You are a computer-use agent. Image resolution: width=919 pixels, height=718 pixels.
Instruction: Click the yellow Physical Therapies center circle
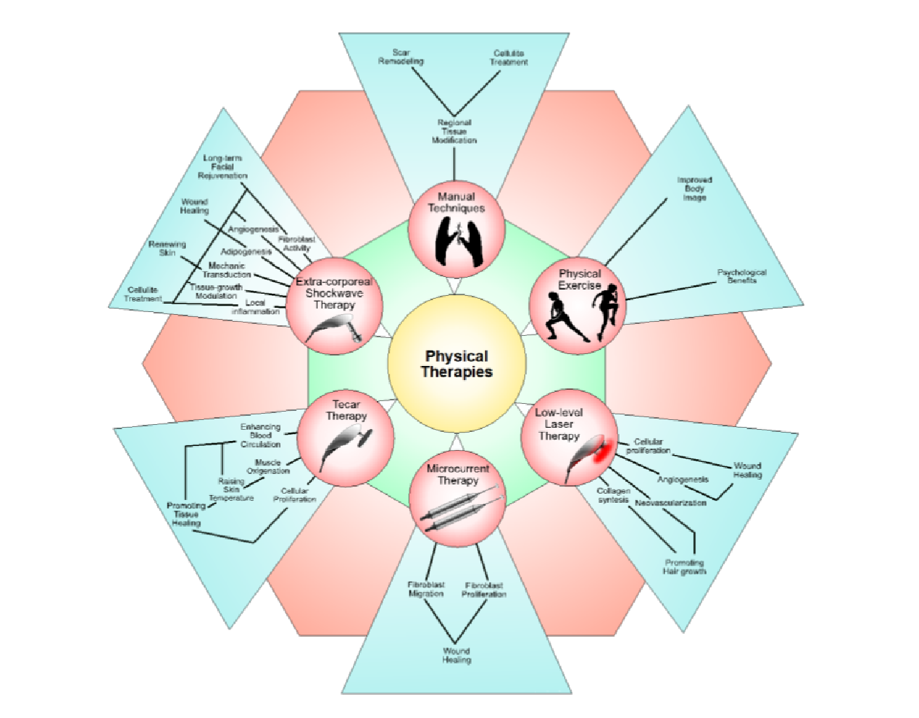457,363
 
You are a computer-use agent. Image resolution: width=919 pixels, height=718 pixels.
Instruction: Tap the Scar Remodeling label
401,57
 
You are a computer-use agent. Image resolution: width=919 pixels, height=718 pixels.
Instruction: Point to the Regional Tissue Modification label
454,131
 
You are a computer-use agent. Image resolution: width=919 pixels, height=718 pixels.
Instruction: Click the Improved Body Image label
694,189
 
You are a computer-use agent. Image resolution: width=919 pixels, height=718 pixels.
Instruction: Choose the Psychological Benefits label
742,276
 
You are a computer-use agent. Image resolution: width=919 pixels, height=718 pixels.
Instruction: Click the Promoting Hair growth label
684,567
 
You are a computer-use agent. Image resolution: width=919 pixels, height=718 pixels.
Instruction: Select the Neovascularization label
670,503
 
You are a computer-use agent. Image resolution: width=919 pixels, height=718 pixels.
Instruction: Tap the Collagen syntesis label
613,495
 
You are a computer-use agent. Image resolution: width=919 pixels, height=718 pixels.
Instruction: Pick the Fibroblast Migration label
426,589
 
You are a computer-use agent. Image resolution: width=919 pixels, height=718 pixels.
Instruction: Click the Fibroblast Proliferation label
483,589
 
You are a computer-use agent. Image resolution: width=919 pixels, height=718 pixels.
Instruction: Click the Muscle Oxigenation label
268,466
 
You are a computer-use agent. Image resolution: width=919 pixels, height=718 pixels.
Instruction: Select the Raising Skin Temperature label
232,489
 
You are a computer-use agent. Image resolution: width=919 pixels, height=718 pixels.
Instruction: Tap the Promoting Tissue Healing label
187,514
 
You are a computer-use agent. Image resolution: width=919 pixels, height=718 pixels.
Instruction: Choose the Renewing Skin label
167,248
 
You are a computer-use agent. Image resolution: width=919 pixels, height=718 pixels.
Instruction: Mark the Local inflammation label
256,307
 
